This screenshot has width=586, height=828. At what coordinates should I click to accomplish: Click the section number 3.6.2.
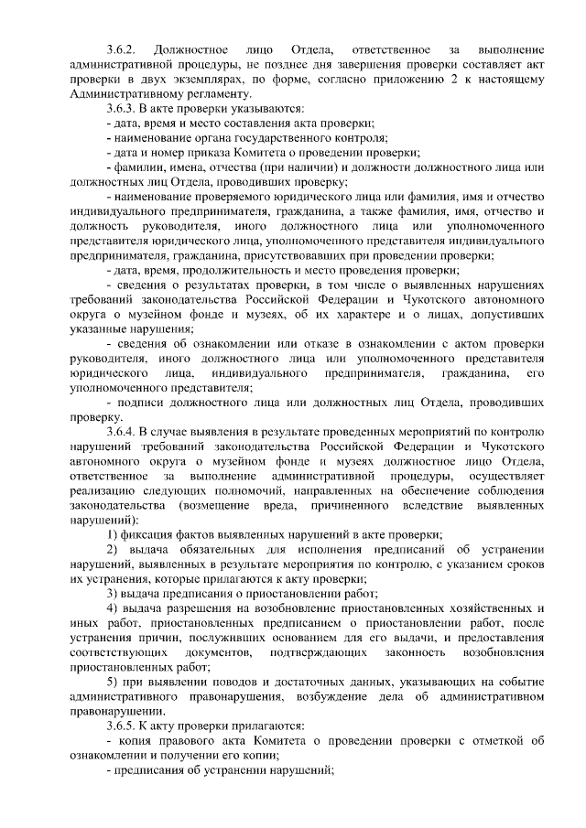tap(121, 48)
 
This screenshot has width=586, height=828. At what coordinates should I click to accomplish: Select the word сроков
tap(529, 565)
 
